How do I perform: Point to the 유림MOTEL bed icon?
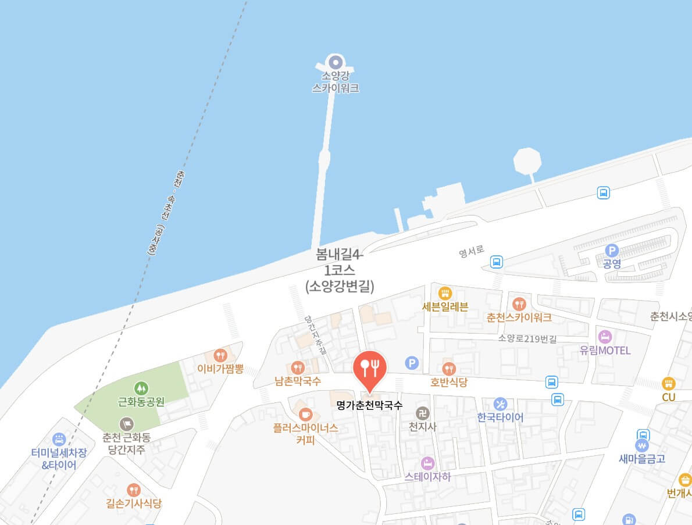(605, 337)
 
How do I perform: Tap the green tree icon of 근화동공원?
(141, 387)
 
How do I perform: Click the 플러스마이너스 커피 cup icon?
(305, 414)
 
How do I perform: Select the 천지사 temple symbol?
(422, 413)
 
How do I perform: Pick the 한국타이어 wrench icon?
(500, 404)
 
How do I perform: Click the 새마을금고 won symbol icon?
(643, 445)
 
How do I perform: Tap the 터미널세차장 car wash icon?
(59, 439)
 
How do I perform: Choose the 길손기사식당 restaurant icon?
(134, 490)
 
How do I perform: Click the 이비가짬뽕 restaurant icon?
(220, 355)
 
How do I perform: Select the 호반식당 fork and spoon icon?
(448, 369)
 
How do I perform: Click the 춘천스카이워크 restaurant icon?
(519, 303)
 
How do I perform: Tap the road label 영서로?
(471, 253)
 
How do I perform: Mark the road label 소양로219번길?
(527, 338)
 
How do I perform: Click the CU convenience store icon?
(668, 383)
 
